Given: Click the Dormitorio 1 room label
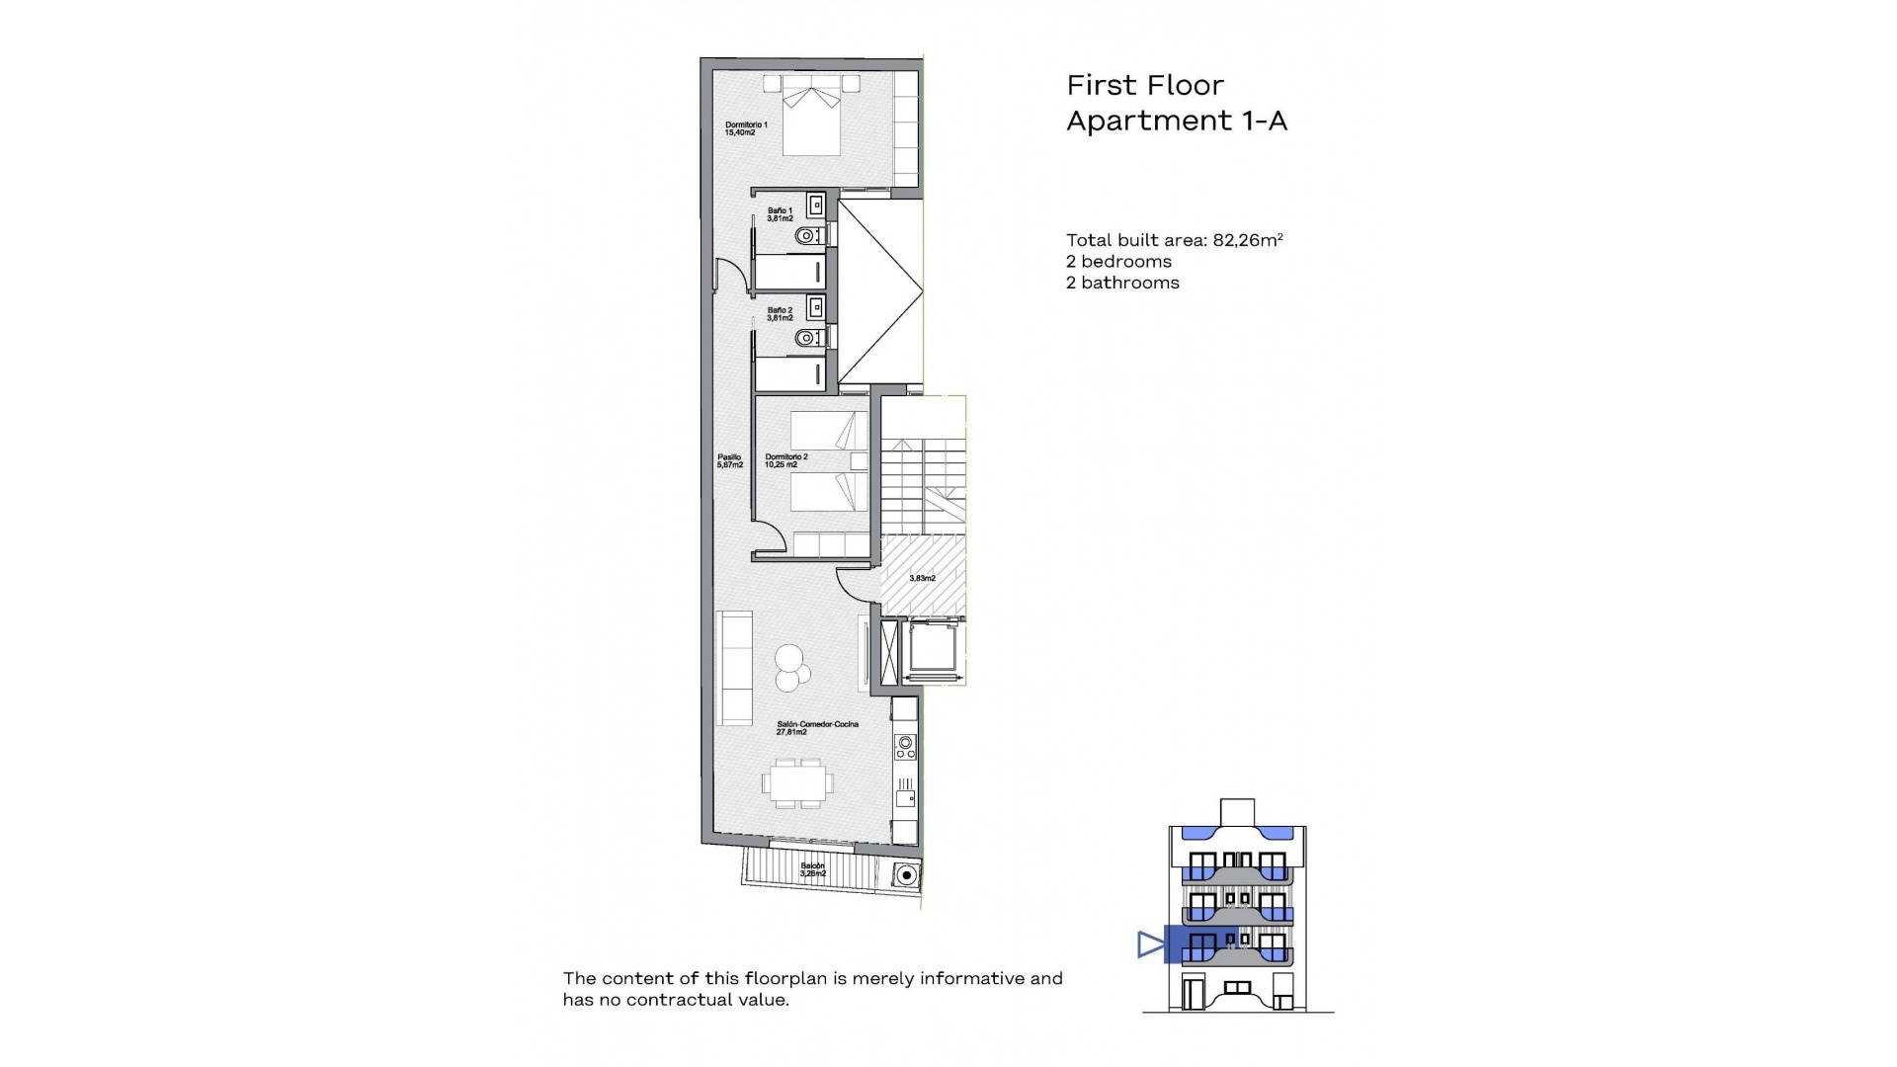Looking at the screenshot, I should [746, 128].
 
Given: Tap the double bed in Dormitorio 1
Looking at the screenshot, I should [812, 117].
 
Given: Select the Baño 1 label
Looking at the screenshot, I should [780, 213].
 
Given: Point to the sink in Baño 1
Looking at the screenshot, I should [816, 205].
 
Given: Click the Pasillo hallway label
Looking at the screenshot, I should [729, 460].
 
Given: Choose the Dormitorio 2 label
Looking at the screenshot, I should [786, 460].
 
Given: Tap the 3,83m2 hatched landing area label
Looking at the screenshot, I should [922, 578].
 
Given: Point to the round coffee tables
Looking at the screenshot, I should [791, 667].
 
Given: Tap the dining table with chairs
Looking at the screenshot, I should [797, 783].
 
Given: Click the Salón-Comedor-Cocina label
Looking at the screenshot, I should [817, 728].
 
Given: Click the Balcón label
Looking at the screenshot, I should [812, 869].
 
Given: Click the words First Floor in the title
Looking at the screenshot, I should [1144, 85].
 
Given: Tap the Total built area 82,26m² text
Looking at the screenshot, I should [1174, 240].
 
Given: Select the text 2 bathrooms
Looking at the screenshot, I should [1122, 283].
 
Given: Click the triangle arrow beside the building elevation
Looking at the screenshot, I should [1149, 944].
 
